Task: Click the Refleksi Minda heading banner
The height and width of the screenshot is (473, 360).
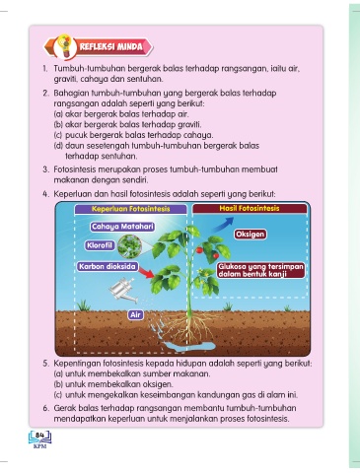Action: (99, 46)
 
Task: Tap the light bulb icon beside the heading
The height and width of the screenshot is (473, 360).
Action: (65, 46)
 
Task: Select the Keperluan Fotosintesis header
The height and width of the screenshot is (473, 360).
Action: (130, 209)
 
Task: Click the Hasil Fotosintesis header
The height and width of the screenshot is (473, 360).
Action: (250, 208)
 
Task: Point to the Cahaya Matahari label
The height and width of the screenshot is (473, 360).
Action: (122, 227)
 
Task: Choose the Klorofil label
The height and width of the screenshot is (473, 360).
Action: (100, 245)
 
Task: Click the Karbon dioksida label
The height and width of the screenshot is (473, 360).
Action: (108, 266)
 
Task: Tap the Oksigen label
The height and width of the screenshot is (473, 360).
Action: (251, 235)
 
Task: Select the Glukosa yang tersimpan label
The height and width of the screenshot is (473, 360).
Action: (260, 270)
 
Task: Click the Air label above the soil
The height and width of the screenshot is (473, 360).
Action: (135, 315)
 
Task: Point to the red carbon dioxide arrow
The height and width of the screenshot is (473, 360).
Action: (146, 272)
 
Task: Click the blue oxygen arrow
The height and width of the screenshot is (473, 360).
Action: (223, 225)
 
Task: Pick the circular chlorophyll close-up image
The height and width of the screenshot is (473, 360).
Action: (129, 246)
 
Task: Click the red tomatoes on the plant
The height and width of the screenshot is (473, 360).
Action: (208, 252)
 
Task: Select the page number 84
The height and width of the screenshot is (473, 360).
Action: (40, 435)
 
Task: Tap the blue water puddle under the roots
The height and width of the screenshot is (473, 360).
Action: (189, 346)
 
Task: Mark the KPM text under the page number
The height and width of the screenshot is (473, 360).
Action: (40, 446)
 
